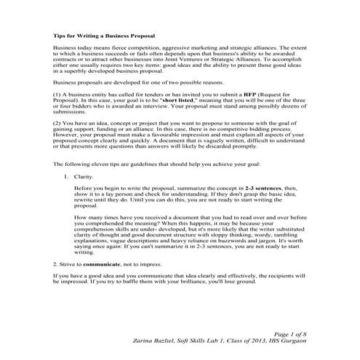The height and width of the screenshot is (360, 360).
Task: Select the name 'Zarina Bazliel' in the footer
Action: point(159,339)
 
